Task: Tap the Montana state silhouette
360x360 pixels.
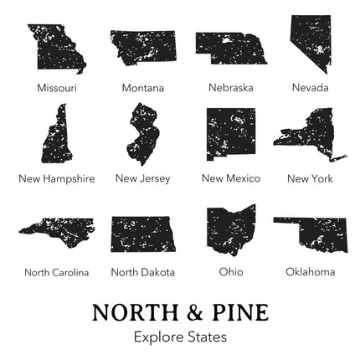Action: coord(144,47)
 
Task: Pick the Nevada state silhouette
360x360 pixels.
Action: coord(309,40)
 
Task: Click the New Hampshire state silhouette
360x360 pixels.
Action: coord(58,136)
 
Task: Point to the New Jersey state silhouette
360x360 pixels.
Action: coord(141,133)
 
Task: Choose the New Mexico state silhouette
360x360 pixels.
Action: coord(230,134)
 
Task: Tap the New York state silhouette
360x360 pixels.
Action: coord(307,134)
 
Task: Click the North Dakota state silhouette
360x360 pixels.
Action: coord(143,234)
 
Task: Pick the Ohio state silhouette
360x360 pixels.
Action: coord(230,229)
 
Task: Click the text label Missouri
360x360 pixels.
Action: coord(56,87)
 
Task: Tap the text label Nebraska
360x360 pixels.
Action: coord(230,87)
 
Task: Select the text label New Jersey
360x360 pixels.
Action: coord(142,178)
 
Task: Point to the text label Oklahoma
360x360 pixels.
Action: coord(310,271)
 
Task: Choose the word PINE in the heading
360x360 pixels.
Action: coord(239,312)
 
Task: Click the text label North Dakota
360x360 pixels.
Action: coord(143,271)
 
